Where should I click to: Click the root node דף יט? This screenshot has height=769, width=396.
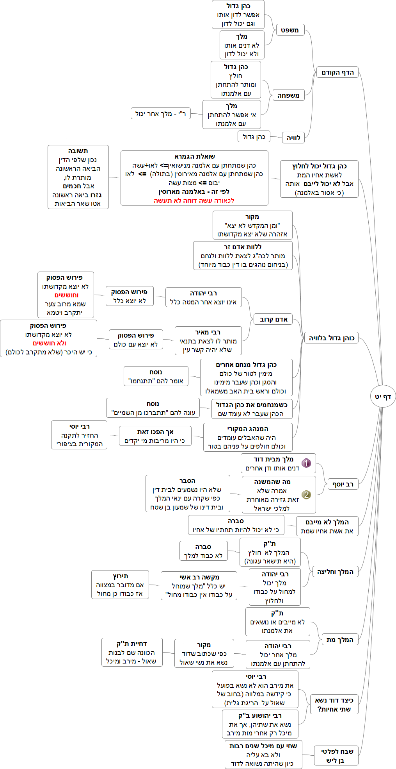(383, 397)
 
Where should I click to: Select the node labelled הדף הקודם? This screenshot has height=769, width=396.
(337, 72)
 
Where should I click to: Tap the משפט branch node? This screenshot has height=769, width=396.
(290, 30)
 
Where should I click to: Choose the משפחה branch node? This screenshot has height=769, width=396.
(288, 95)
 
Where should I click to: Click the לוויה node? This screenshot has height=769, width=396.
(293, 138)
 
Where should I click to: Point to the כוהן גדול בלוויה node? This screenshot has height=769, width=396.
(331, 338)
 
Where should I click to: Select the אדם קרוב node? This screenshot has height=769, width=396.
(273, 319)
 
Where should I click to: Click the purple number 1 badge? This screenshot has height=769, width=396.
(306, 463)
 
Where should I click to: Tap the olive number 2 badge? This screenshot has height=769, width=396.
(306, 495)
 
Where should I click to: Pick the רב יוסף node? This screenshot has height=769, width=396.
(343, 484)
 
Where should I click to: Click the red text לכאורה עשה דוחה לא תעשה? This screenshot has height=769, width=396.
(194, 200)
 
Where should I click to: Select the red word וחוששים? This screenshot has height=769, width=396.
(66, 295)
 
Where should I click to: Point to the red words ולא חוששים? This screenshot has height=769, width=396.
(49, 343)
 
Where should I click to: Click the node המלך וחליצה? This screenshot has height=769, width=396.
(335, 572)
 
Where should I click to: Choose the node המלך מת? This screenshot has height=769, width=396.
(340, 640)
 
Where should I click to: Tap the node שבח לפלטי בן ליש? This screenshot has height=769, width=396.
(336, 756)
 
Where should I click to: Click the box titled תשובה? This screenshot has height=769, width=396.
(78, 177)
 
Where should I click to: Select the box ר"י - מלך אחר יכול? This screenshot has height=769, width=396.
(160, 114)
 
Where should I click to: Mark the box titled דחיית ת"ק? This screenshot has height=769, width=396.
(132, 652)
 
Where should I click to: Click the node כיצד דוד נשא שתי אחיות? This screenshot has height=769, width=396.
(334, 705)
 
